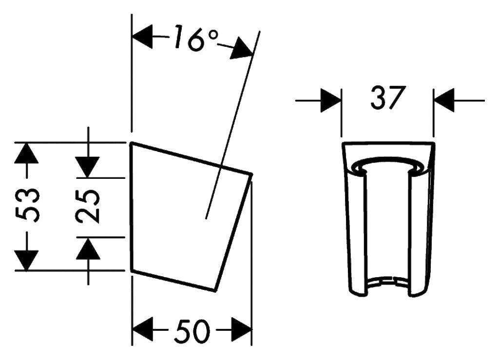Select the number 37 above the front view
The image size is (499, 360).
click(387, 97)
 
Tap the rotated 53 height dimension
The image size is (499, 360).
click(28, 206)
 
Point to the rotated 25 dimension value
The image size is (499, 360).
click(88, 206)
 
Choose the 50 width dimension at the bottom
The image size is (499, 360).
click(192, 331)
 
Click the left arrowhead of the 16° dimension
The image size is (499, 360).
click(142, 37)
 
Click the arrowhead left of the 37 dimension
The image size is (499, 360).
click(331, 100)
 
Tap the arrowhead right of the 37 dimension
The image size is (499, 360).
click(443, 100)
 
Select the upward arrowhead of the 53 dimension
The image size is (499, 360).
click(27, 153)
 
